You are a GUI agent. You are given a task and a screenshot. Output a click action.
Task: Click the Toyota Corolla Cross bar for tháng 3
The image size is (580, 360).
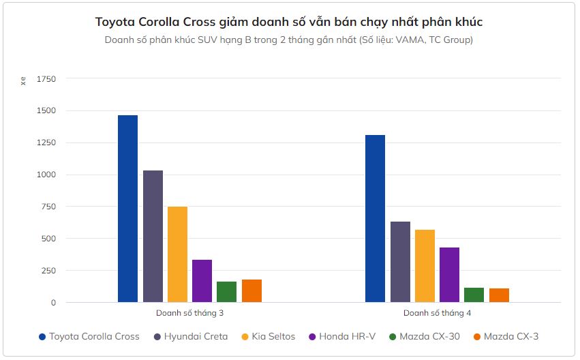point(127,209)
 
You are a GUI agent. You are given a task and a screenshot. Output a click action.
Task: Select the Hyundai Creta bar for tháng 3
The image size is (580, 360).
point(153,236)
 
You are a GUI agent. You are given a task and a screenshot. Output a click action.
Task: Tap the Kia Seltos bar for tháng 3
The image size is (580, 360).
point(177,254)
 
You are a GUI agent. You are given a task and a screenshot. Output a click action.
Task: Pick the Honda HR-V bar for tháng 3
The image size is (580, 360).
point(202,281)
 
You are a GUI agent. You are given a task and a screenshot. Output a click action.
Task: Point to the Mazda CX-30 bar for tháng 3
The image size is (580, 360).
point(226,292)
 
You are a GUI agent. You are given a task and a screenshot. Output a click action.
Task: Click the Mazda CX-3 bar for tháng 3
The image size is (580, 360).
point(251,291)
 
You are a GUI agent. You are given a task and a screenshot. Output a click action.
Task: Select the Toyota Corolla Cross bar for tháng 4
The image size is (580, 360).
point(375,218)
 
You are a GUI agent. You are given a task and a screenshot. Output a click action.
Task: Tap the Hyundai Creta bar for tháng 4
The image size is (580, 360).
point(400,262)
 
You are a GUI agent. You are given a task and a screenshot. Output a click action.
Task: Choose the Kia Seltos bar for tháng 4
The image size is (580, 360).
point(425,266)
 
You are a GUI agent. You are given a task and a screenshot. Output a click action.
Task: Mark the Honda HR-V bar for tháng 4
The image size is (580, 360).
point(449,275)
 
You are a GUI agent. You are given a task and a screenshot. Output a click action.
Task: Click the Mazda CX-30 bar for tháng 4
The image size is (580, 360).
point(474,295)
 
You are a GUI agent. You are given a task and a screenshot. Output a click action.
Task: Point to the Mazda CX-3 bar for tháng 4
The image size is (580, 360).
point(499,295)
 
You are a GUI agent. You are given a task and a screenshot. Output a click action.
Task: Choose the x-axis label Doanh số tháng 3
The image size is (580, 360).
point(189,313)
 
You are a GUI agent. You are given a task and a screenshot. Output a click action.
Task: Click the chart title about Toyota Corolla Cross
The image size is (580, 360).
point(289,22)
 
